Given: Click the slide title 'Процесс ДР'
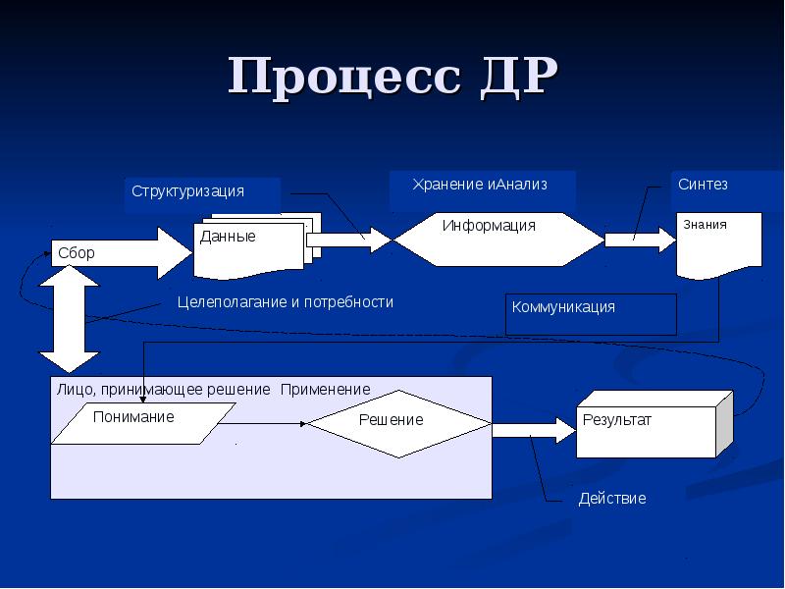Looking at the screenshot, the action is click(x=393, y=77).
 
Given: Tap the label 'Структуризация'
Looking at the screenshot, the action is click(x=187, y=191).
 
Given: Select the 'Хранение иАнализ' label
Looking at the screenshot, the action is click(x=480, y=185).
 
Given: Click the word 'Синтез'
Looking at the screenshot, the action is click(x=703, y=185).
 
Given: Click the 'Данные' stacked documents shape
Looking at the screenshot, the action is click(x=257, y=246).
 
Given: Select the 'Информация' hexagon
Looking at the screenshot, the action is click(x=498, y=240).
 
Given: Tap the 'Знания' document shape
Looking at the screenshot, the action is click(x=719, y=245).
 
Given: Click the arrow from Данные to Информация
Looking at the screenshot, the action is click(x=349, y=240).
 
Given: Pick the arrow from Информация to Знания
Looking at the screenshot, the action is click(x=641, y=240).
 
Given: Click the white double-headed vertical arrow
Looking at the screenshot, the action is click(x=70, y=319).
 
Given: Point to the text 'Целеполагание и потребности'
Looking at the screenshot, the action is click(x=286, y=302).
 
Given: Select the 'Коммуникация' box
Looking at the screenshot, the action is click(x=591, y=314).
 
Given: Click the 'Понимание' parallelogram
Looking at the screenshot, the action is click(x=143, y=423).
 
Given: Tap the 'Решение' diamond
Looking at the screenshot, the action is click(x=399, y=424).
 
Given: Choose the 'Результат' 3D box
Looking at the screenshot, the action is click(x=654, y=424).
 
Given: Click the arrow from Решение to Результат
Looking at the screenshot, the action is click(x=534, y=430).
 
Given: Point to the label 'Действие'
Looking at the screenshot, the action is click(x=612, y=499).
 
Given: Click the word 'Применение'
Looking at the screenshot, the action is click(x=326, y=389).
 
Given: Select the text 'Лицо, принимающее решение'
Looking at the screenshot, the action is click(x=163, y=390).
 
